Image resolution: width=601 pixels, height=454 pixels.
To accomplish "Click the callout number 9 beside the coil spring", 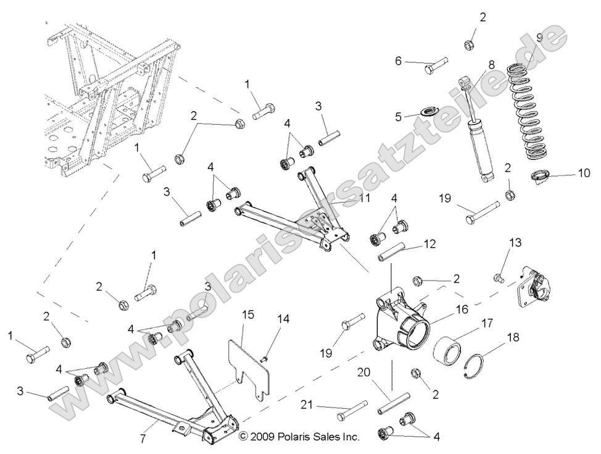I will point(540,38).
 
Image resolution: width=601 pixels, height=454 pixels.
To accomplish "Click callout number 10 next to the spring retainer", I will point(584,174).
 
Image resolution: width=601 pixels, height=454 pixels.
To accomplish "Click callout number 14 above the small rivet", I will point(283,319).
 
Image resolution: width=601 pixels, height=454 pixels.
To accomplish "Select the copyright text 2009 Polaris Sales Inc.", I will point(299,437).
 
